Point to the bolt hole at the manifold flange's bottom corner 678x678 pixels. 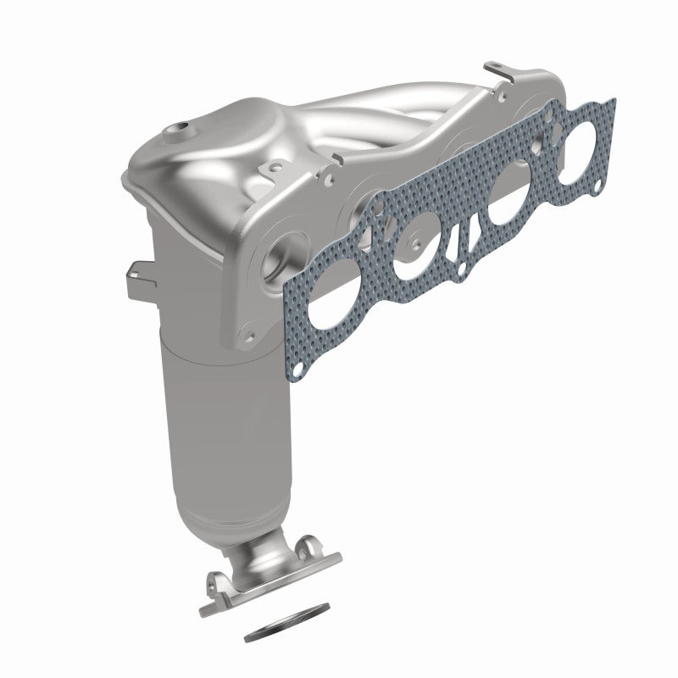coord(248,336)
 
